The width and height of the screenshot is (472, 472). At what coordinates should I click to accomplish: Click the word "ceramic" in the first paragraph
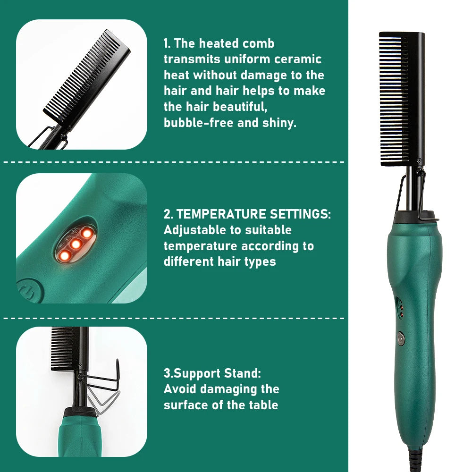[x=298, y=59]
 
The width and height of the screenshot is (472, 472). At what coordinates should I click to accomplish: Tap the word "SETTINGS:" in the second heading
[x=300, y=214]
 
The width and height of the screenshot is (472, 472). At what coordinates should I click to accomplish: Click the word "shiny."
[x=279, y=123]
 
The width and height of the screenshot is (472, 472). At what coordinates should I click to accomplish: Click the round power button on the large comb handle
[x=401, y=338]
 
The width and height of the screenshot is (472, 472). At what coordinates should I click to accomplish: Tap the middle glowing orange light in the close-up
[x=75, y=244]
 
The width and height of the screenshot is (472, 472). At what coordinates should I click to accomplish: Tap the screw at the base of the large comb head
[x=419, y=160]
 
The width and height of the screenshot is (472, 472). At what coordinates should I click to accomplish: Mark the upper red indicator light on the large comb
[x=401, y=308]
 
